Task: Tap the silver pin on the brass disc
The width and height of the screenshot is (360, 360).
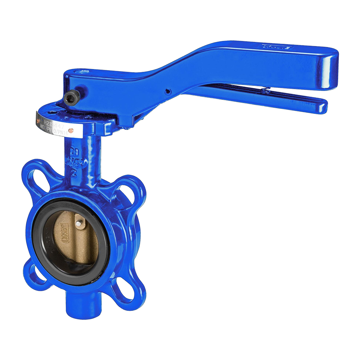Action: tap(78, 224)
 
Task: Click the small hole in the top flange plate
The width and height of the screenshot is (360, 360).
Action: tap(54, 112)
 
